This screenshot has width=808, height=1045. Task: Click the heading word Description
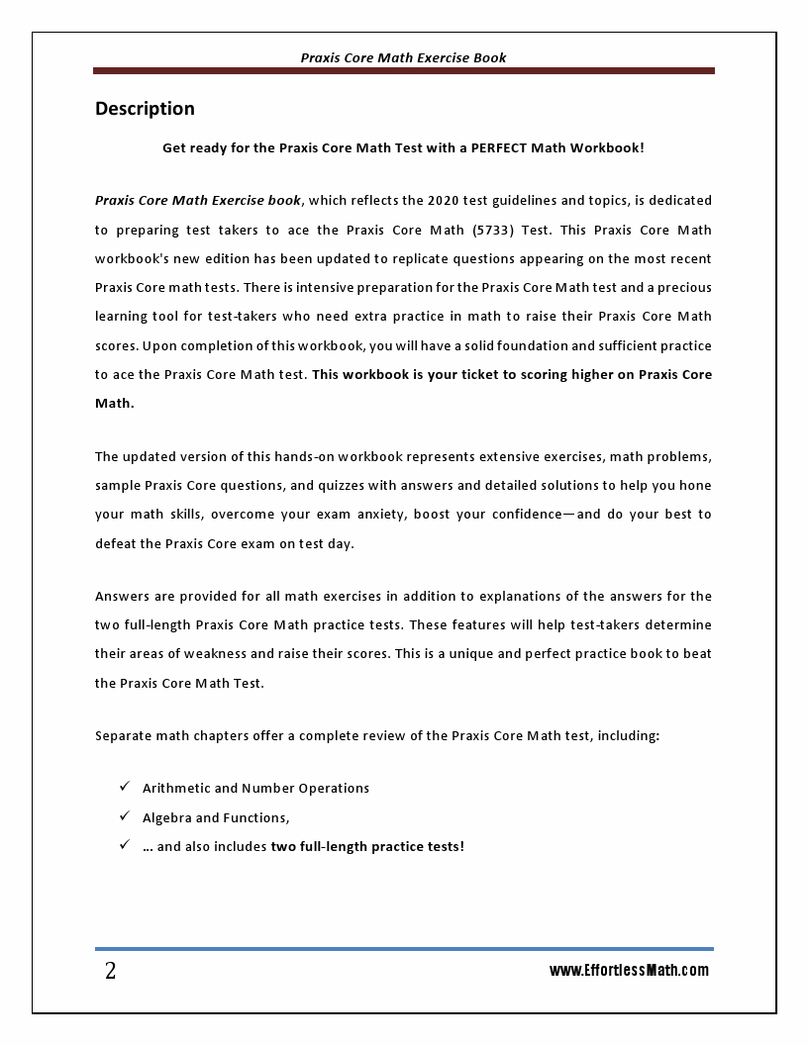145,109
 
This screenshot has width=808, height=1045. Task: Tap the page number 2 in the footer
110,971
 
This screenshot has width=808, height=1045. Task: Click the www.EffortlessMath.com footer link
629,970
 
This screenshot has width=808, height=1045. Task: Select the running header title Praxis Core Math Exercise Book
403,57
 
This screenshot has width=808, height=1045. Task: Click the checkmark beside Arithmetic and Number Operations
125,787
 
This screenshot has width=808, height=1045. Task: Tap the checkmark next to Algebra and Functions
125,816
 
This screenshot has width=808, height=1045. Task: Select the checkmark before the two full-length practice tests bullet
125,845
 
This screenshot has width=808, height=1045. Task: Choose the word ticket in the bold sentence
451,375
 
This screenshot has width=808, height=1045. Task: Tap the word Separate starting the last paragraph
123,736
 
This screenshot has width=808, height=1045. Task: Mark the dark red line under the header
403,71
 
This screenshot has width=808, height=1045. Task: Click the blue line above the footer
403,948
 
